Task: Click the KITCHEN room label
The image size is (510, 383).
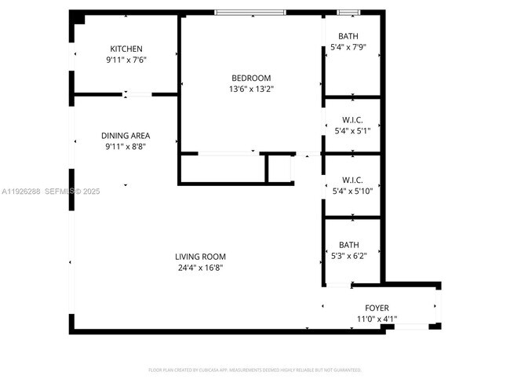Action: [x=126, y=49]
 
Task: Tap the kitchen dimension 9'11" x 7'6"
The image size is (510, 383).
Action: [x=126, y=60]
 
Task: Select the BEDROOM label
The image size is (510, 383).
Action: [x=251, y=78]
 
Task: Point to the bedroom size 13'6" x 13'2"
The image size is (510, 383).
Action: [x=251, y=89]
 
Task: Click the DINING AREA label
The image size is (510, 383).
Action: [x=126, y=135]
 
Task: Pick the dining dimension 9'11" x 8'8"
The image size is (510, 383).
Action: [x=126, y=146]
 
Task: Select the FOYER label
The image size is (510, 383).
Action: [x=377, y=308]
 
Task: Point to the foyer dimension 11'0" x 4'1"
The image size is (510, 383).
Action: [x=377, y=319]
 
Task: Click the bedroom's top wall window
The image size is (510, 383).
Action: [x=251, y=13]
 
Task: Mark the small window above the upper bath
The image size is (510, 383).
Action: [x=348, y=13]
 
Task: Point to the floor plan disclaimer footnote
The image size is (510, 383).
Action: [x=254, y=369]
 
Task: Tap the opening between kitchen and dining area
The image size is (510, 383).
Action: [x=138, y=94]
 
